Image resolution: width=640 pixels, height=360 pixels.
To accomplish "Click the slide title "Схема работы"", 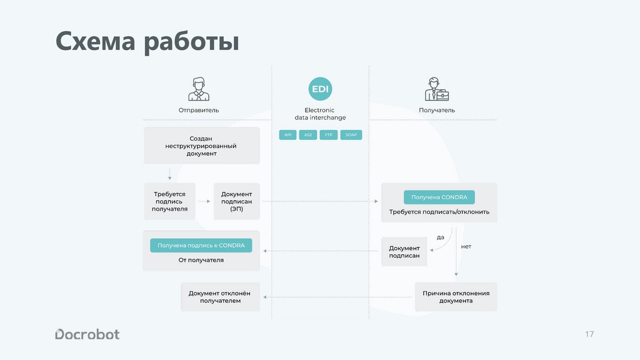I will coord(147,42).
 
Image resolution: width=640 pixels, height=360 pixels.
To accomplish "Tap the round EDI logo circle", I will coord(320,89).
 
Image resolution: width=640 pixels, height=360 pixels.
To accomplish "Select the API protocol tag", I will coord(288,135).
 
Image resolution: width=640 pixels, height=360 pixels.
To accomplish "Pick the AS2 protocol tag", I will coord(308,135).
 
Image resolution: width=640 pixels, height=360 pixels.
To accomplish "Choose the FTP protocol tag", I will coord(328,135).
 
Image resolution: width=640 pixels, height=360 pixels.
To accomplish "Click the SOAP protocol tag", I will coord(351,135).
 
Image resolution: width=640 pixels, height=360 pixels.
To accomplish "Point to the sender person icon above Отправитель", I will coord(199,89).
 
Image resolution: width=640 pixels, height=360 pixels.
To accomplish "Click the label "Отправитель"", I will coord(199,110).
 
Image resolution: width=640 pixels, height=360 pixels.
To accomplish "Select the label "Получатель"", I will coord(437,110).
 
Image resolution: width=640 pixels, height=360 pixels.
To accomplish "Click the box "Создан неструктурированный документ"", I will coord(201,146).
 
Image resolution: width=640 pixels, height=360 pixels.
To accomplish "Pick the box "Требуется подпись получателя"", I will coord(169,201).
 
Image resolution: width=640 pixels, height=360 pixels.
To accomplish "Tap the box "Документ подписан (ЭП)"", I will coord(236,201).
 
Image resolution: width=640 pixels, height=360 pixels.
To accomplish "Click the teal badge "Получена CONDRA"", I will coord(439,197).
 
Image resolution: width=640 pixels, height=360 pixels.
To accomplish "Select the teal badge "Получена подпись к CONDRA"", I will coord(201,246).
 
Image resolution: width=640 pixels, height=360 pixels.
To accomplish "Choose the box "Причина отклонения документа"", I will coord(456,296).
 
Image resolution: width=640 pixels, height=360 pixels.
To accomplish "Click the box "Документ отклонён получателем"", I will coord(220,296).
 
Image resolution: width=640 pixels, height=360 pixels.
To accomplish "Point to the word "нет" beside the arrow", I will coord(466,246).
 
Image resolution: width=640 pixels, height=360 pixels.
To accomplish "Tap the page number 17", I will coord(589,334).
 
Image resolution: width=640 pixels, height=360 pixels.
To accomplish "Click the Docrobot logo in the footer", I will coord(87,334).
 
